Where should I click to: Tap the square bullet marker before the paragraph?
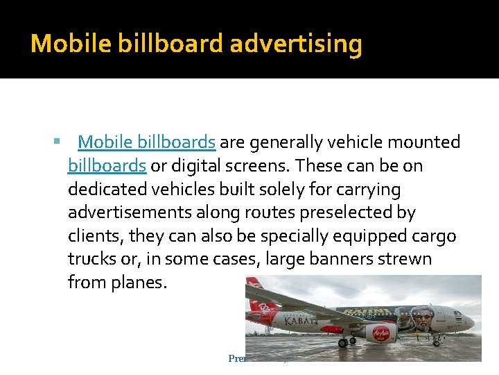(x=56, y=142)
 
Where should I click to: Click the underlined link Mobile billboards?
(x=146, y=142)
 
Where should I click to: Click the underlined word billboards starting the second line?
(x=107, y=166)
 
